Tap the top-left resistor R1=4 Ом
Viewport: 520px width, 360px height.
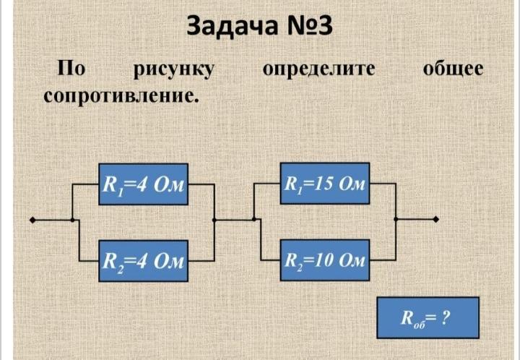click(143, 184)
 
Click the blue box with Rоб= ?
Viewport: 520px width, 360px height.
click(427, 317)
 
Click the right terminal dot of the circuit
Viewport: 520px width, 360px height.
click(435, 219)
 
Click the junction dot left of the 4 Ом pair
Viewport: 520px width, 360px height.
click(72, 219)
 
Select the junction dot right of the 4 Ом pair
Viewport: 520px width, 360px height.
click(214, 219)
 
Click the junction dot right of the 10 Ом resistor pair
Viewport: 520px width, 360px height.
click(395, 219)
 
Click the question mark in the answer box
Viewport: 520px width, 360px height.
click(446, 317)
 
